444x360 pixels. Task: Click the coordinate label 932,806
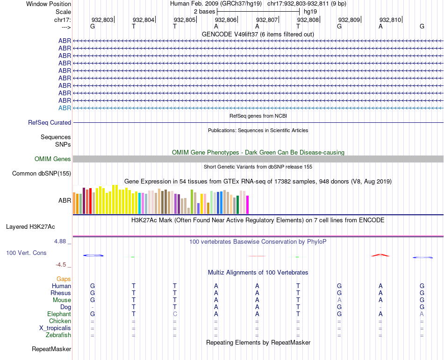(225, 20)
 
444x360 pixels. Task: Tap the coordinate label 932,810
(390, 20)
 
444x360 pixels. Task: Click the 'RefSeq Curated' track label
(50, 123)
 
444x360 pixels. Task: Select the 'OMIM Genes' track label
(53, 159)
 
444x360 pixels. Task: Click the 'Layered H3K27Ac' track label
(30, 227)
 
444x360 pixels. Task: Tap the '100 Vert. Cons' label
(26, 253)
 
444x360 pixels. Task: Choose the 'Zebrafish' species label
(58, 335)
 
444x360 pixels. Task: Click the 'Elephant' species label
(59, 314)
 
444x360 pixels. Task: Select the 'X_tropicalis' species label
(55, 328)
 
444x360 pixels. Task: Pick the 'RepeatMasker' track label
(51, 349)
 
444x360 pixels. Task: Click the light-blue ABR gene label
(64, 108)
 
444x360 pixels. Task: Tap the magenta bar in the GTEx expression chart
(247, 205)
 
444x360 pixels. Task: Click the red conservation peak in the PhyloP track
(380, 255)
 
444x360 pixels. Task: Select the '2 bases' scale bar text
(204, 11)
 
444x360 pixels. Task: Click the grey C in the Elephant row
(175, 314)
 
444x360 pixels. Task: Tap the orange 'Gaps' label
(64, 279)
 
